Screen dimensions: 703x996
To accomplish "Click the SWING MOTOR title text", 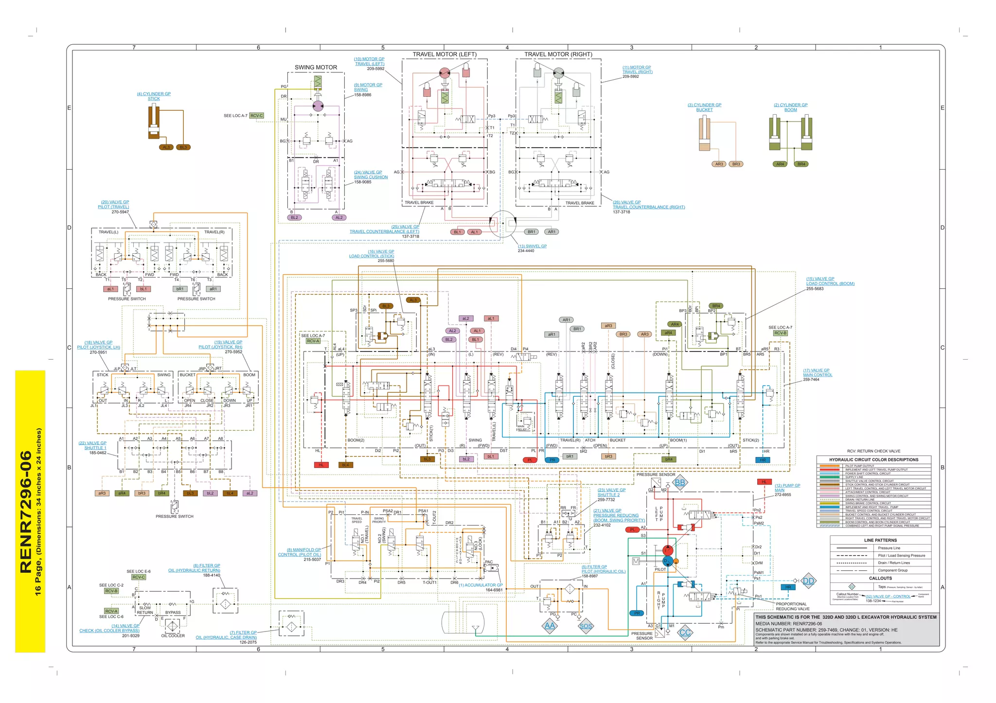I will tap(316, 68).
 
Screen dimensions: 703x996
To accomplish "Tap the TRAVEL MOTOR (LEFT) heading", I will tap(445, 54).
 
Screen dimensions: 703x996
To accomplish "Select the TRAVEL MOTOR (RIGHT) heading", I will tap(558, 54).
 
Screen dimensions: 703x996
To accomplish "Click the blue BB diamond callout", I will tap(680, 483).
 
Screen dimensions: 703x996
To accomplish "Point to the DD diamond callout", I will tap(808, 581).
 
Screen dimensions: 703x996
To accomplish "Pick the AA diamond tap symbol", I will tap(550, 626).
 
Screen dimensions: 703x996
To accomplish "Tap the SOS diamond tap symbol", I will tap(586, 626).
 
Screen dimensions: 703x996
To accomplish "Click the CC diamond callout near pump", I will tap(685, 633).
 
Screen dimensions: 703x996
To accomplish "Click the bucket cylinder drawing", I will tap(704, 133).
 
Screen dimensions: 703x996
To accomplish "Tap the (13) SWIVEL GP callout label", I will tap(532, 246).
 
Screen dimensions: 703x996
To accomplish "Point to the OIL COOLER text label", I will tap(173, 635).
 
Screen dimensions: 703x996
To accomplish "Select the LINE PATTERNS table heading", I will tap(880, 540).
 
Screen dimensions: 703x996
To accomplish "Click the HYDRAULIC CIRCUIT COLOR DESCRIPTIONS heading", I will tap(873, 459).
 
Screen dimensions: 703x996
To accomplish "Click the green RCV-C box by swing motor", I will tap(256, 116).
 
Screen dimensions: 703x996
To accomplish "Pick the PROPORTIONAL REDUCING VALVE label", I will tap(792, 606).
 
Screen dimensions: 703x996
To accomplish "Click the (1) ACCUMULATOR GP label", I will tap(480, 585).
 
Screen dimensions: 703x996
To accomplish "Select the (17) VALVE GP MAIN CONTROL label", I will tap(818, 372).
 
